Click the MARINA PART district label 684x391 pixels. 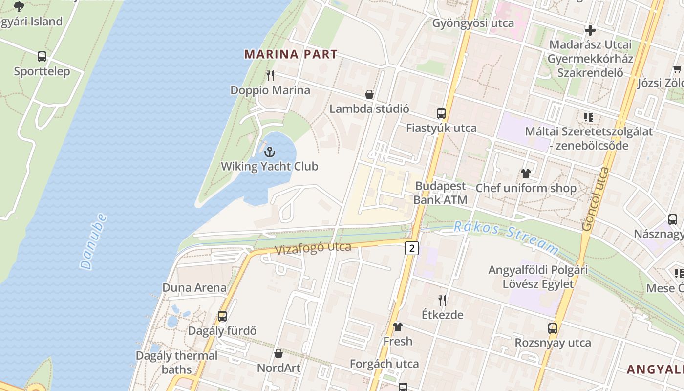(291, 54)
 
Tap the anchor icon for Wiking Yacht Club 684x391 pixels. (270, 152)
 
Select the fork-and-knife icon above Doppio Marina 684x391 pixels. (270, 76)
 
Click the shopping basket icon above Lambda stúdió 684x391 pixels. (369, 94)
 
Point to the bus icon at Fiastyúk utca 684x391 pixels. (441, 113)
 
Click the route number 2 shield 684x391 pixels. (412, 248)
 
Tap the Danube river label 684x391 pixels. (93, 241)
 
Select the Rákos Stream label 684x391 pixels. (506, 237)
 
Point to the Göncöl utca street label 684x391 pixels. (597, 199)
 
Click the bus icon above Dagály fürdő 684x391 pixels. (222, 316)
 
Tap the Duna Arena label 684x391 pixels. (194, 287)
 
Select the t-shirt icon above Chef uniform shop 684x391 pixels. (526, 173)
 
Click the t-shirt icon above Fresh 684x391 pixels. (398, 326)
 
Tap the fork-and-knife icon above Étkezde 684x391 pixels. (442, 300)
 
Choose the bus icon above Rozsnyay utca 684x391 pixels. (553, 328)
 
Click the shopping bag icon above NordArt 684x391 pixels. (278, 353)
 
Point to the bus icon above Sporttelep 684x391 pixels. (42, 57)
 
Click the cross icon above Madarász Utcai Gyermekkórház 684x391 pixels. (590, 30)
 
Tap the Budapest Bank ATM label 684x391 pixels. (440, 193)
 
